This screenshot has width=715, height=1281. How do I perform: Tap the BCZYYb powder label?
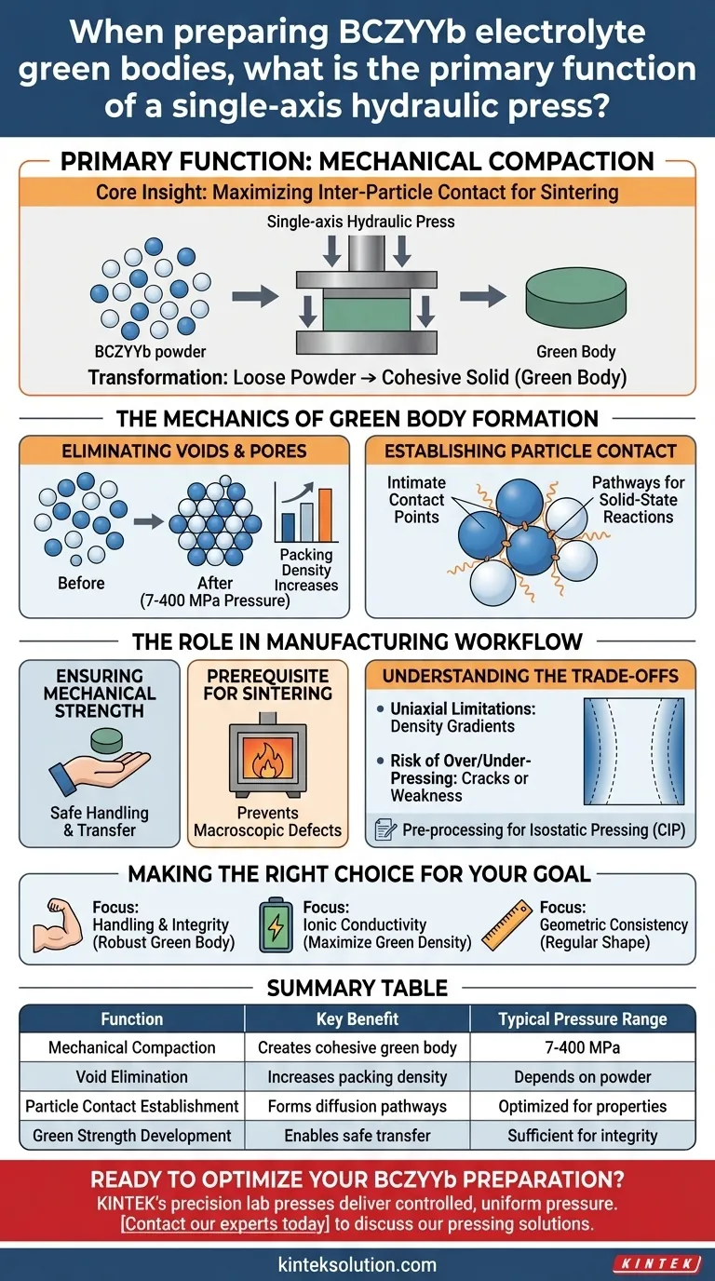tap(150, 351)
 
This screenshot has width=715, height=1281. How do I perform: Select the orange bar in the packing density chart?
tap(325, 514)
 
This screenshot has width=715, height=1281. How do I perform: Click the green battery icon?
tap(276, 924)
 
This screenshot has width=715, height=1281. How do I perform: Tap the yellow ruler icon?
tap(506, 925)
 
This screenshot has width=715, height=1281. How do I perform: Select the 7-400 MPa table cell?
tap(582, 1047)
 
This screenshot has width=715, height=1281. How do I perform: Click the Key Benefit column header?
tap(357, 1018)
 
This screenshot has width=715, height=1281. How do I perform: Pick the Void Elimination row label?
tap(131, 1077)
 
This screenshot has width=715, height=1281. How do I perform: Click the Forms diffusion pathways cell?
tap(357, 1106)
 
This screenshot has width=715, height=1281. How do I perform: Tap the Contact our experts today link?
tap(225, 1223)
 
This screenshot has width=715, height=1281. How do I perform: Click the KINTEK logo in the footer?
tap(656, 1263)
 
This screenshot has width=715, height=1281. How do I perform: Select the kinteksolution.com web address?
tap(357, 1264)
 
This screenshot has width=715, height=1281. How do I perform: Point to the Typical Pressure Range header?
tap(582, 1018)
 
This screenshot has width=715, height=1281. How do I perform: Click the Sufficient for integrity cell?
tap(582, 1135)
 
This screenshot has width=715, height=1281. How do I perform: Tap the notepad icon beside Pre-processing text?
tap(385, 829)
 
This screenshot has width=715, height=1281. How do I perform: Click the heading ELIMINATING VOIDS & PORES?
tap(184, 451)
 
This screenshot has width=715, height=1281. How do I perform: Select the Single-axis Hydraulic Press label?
tap(361, 222)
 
